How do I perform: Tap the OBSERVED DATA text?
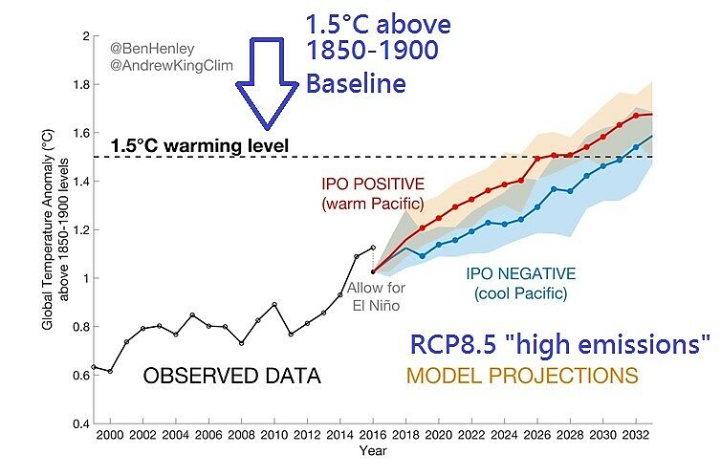click(231, 377)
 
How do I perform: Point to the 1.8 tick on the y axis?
click(76, 85)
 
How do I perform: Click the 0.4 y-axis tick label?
click(76, 423)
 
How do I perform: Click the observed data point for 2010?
click(274, 305)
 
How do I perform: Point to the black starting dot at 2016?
click(372, 271)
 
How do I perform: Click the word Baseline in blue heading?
click(356, 84)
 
